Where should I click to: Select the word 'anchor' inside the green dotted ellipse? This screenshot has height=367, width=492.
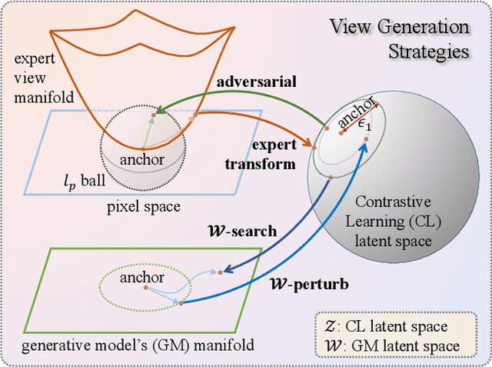pos(142,277)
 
